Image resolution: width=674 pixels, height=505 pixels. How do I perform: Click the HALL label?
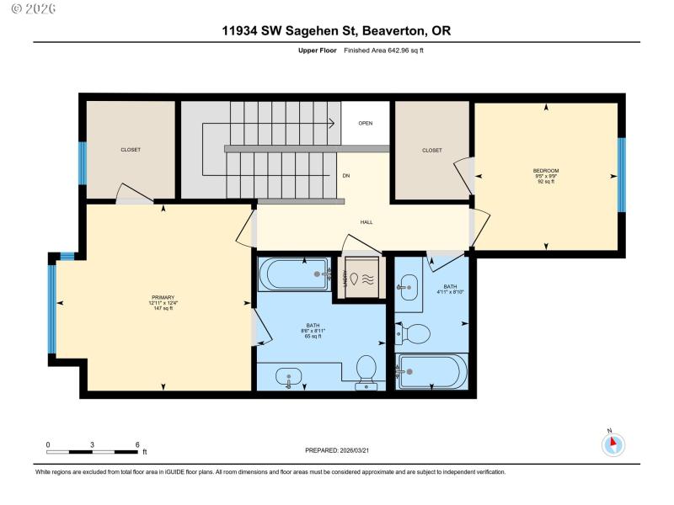(x=366, y=222)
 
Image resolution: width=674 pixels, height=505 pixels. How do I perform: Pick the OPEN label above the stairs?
(x=365, y=123)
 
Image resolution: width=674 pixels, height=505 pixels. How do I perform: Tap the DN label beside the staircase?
(x=345, y=176)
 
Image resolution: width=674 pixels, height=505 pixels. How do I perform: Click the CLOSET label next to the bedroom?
(x=431, y=151)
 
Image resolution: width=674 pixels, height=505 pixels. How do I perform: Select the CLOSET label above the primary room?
(x=131, y=150)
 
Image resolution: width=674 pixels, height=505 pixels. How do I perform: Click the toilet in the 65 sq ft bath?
(x=366, y=369)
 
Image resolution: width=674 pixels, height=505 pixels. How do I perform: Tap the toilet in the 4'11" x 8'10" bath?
(x=414, y=334)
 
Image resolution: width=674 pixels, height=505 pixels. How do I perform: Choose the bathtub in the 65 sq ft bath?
(x=294, y=274)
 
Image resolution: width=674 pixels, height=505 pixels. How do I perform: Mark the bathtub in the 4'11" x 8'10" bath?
(x=432, y=370)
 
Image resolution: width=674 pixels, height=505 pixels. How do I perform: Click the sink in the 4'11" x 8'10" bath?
(x=408, y=287)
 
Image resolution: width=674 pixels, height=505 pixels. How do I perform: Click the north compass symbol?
(x=613, y=443)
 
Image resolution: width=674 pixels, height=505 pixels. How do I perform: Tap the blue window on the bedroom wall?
(x=622, y=175)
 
